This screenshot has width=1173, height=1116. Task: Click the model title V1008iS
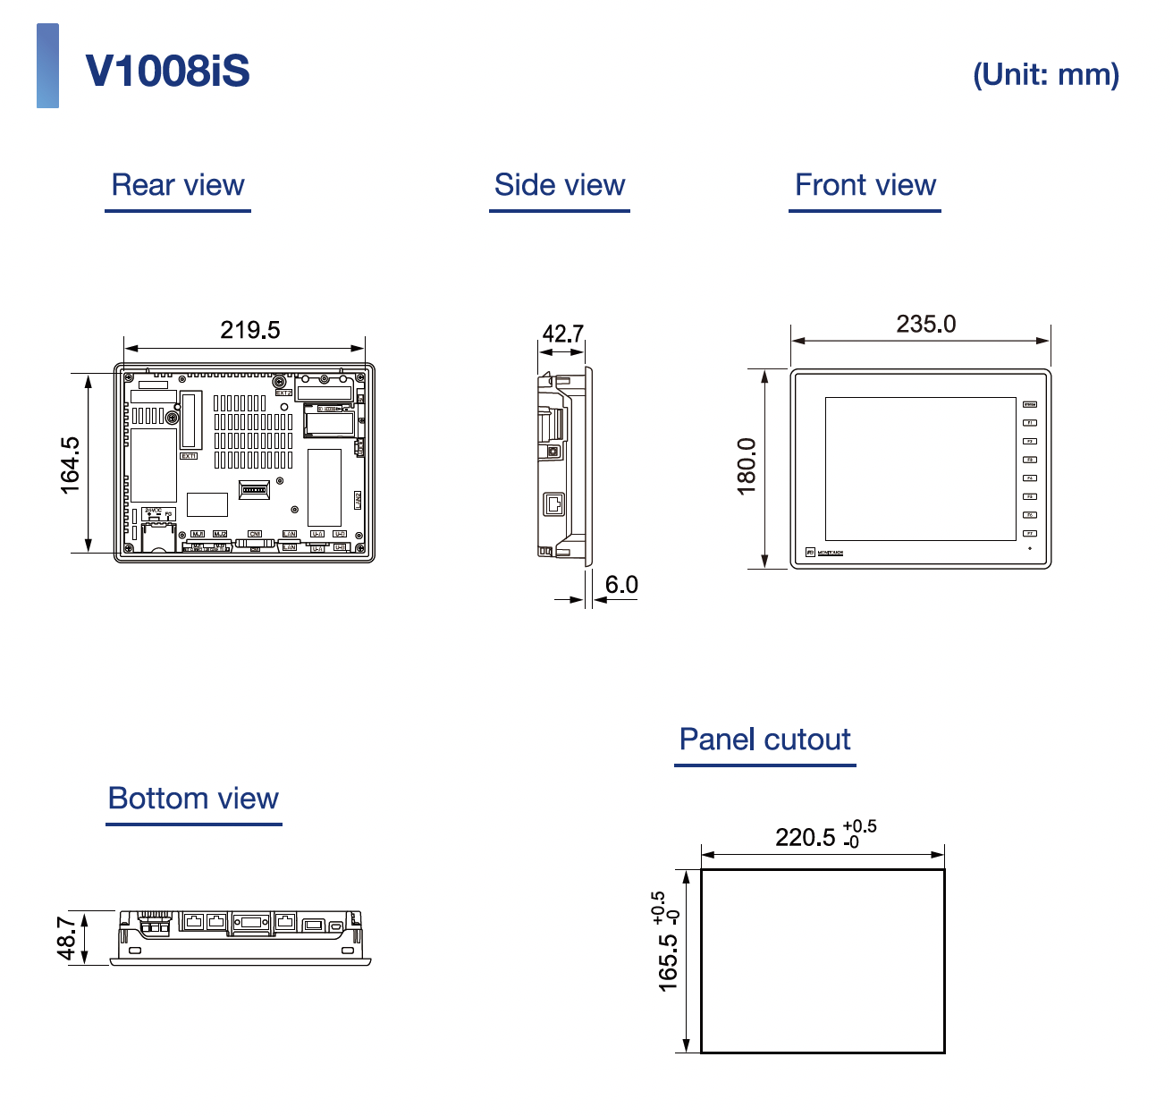pyautogui.click(x=167, y=72)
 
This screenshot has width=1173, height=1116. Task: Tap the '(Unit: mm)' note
pyautogui.click(x=1045, y=74)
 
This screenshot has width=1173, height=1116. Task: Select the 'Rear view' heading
pyautogui.click(x=178, y=185)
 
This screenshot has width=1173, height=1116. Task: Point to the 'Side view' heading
pyautogui.click(x=559, y=185)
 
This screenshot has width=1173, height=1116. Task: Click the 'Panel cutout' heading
pyautogui.click(x=764, y=740)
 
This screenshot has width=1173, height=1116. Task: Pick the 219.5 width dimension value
pyautogui.click(x=249, y=330)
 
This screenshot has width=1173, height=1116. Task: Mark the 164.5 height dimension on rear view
pyautogui.click(x=70, y=464)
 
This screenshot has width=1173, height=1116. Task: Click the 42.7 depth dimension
pyautogui.click(x=562, y=334)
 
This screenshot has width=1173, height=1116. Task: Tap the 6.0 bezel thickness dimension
pyautogui.click(x=621, y=585)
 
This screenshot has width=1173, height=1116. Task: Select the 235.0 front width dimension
pyautogui.click(x=925, y=324)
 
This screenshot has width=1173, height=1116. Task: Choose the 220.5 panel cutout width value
pyautogui.click(x=805, y=837)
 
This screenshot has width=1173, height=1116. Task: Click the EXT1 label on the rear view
pyautogui.click(x=189, y=456)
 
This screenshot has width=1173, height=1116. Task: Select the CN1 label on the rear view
pyautogui.click(x=255, y=534)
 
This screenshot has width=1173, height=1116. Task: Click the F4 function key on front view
pyautogui.click(x=1030, y=478)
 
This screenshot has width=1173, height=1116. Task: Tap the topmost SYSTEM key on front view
pyautogui.click(x=1030, y=404)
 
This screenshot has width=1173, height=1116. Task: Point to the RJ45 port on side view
pyautogui.click(x=554, y=504)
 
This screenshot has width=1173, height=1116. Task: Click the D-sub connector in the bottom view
pyautogui.click(x=251, y=923)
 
